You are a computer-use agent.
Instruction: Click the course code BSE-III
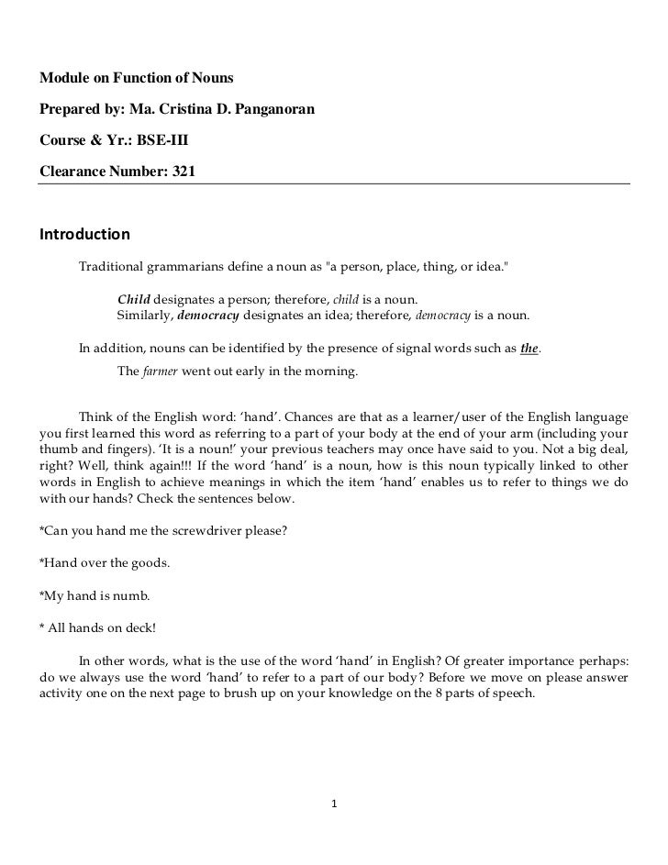164,142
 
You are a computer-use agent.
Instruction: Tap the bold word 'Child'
133,300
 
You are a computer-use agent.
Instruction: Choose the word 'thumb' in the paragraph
57,451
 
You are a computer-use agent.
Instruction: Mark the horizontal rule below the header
334,184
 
